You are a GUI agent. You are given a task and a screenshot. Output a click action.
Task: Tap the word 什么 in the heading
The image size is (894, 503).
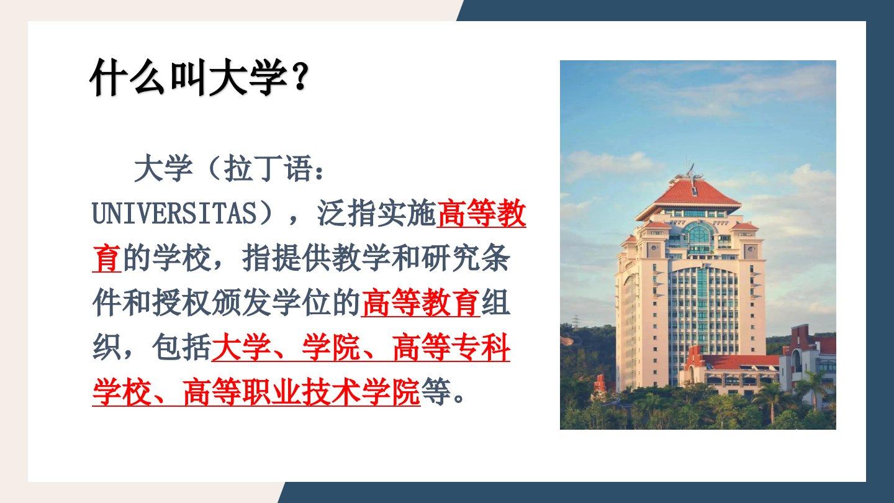coord(127,77)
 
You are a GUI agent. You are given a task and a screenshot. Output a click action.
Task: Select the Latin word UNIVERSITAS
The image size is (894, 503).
coord(174,214)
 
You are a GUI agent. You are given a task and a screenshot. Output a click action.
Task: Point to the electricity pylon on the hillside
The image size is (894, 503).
coord(576,322)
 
